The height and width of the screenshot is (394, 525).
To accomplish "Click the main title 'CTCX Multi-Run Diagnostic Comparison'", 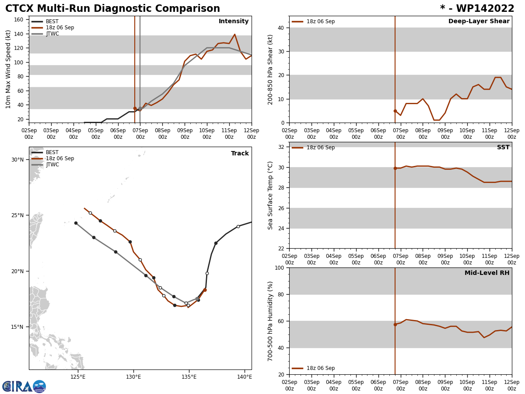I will pyautogui.click(x=112, y=9).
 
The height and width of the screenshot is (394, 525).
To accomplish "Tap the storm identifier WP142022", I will pyautogui.click(x=477, y=9).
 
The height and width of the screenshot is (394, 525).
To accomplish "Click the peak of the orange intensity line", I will pyautogui.click(x=234, y=34).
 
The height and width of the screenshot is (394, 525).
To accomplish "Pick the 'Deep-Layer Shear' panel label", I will pyautogui.click(x=479, y=21).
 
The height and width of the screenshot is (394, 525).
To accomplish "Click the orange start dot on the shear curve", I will pyautogui.click(x=395, y=111).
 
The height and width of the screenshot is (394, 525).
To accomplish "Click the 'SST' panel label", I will pyautogui.click(x=503, y=148).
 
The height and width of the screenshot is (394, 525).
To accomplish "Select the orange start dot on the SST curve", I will pyautogui.click(x=395, y=168).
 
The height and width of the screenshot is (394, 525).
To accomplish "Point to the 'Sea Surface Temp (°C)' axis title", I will pyautogui.click(x=271, y=195).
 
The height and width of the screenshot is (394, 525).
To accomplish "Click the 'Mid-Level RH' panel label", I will pyautogui.click(x=486, y=273).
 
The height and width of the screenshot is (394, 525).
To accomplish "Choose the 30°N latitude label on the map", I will pyautogui.click(x=17, y=159).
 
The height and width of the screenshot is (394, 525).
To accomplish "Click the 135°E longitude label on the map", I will pyautogui.click(x=189, y=376).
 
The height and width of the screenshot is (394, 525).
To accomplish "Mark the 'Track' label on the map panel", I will pyautogui.click(x=240, y=154).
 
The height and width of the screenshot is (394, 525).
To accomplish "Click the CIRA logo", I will pyautogui.click(x=24, y=386).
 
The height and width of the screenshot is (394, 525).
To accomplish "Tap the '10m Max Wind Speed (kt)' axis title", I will pyautogui.click(x=8, y=69).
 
